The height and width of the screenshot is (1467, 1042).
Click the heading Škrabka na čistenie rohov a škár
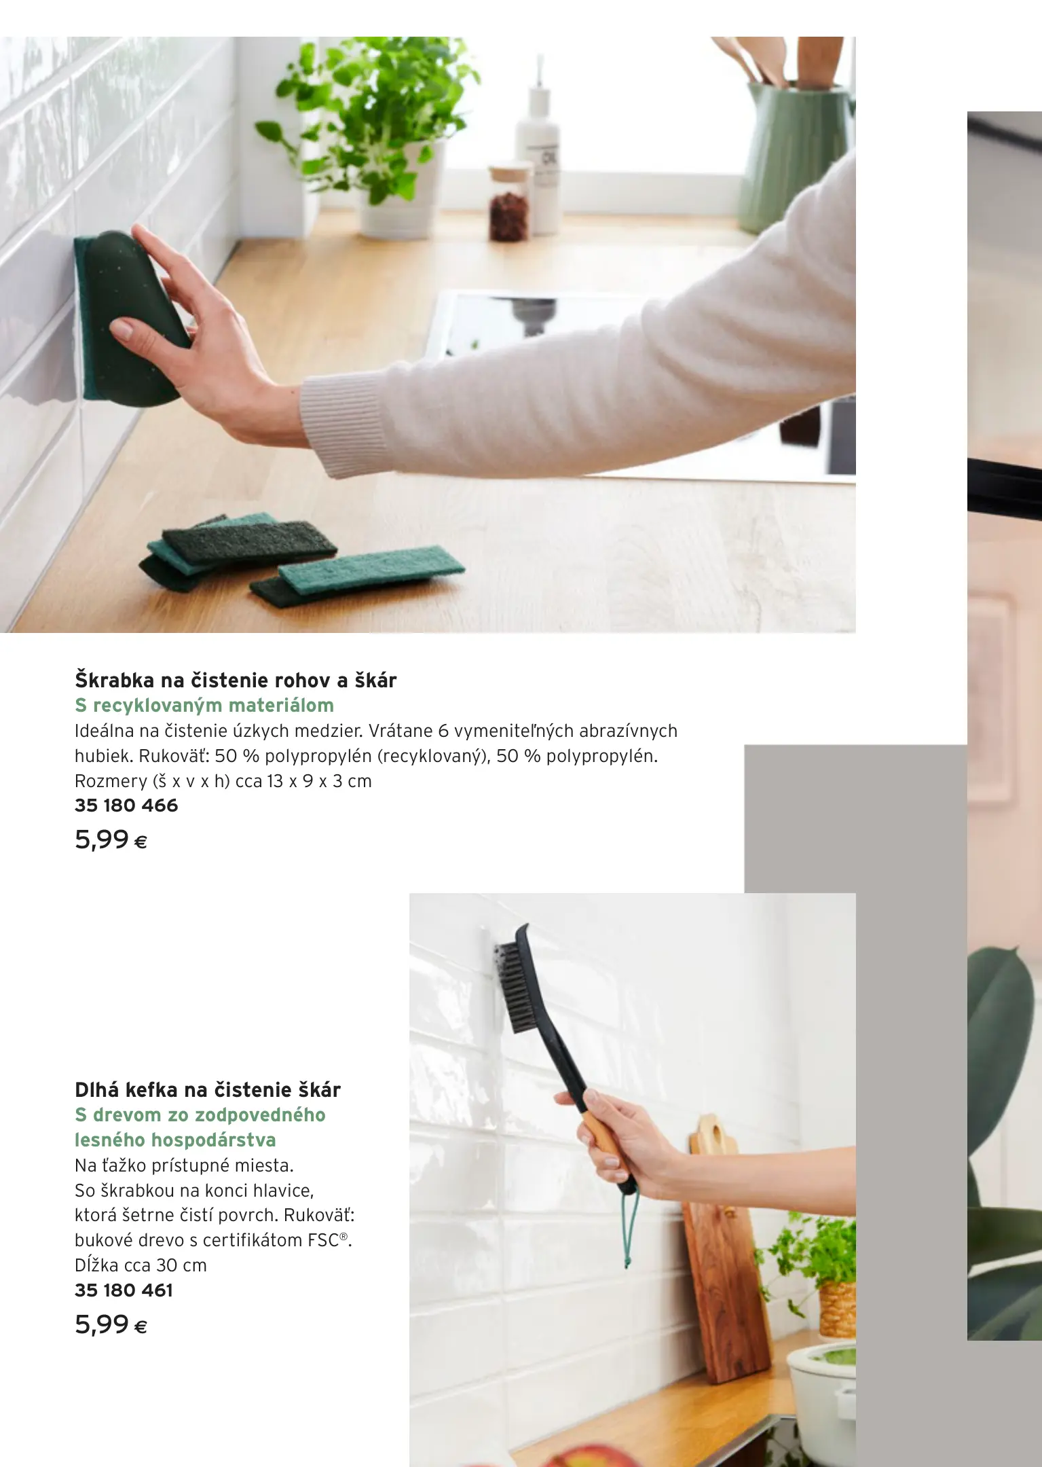236,680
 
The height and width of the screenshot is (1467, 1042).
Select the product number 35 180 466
126,805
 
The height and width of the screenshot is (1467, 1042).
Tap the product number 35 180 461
124,1290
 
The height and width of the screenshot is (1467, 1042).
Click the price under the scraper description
111,840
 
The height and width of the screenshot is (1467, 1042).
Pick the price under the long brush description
111,1325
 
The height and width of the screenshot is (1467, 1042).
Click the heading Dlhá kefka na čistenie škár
208,1090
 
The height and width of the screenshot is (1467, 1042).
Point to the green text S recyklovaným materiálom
204,706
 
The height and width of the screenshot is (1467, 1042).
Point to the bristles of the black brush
509,988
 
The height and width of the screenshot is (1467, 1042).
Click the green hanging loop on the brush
630,1230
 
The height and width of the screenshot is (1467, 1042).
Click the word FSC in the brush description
322,1240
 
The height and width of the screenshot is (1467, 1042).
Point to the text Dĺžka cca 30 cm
141,1265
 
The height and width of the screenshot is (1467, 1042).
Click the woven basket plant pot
837,1310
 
